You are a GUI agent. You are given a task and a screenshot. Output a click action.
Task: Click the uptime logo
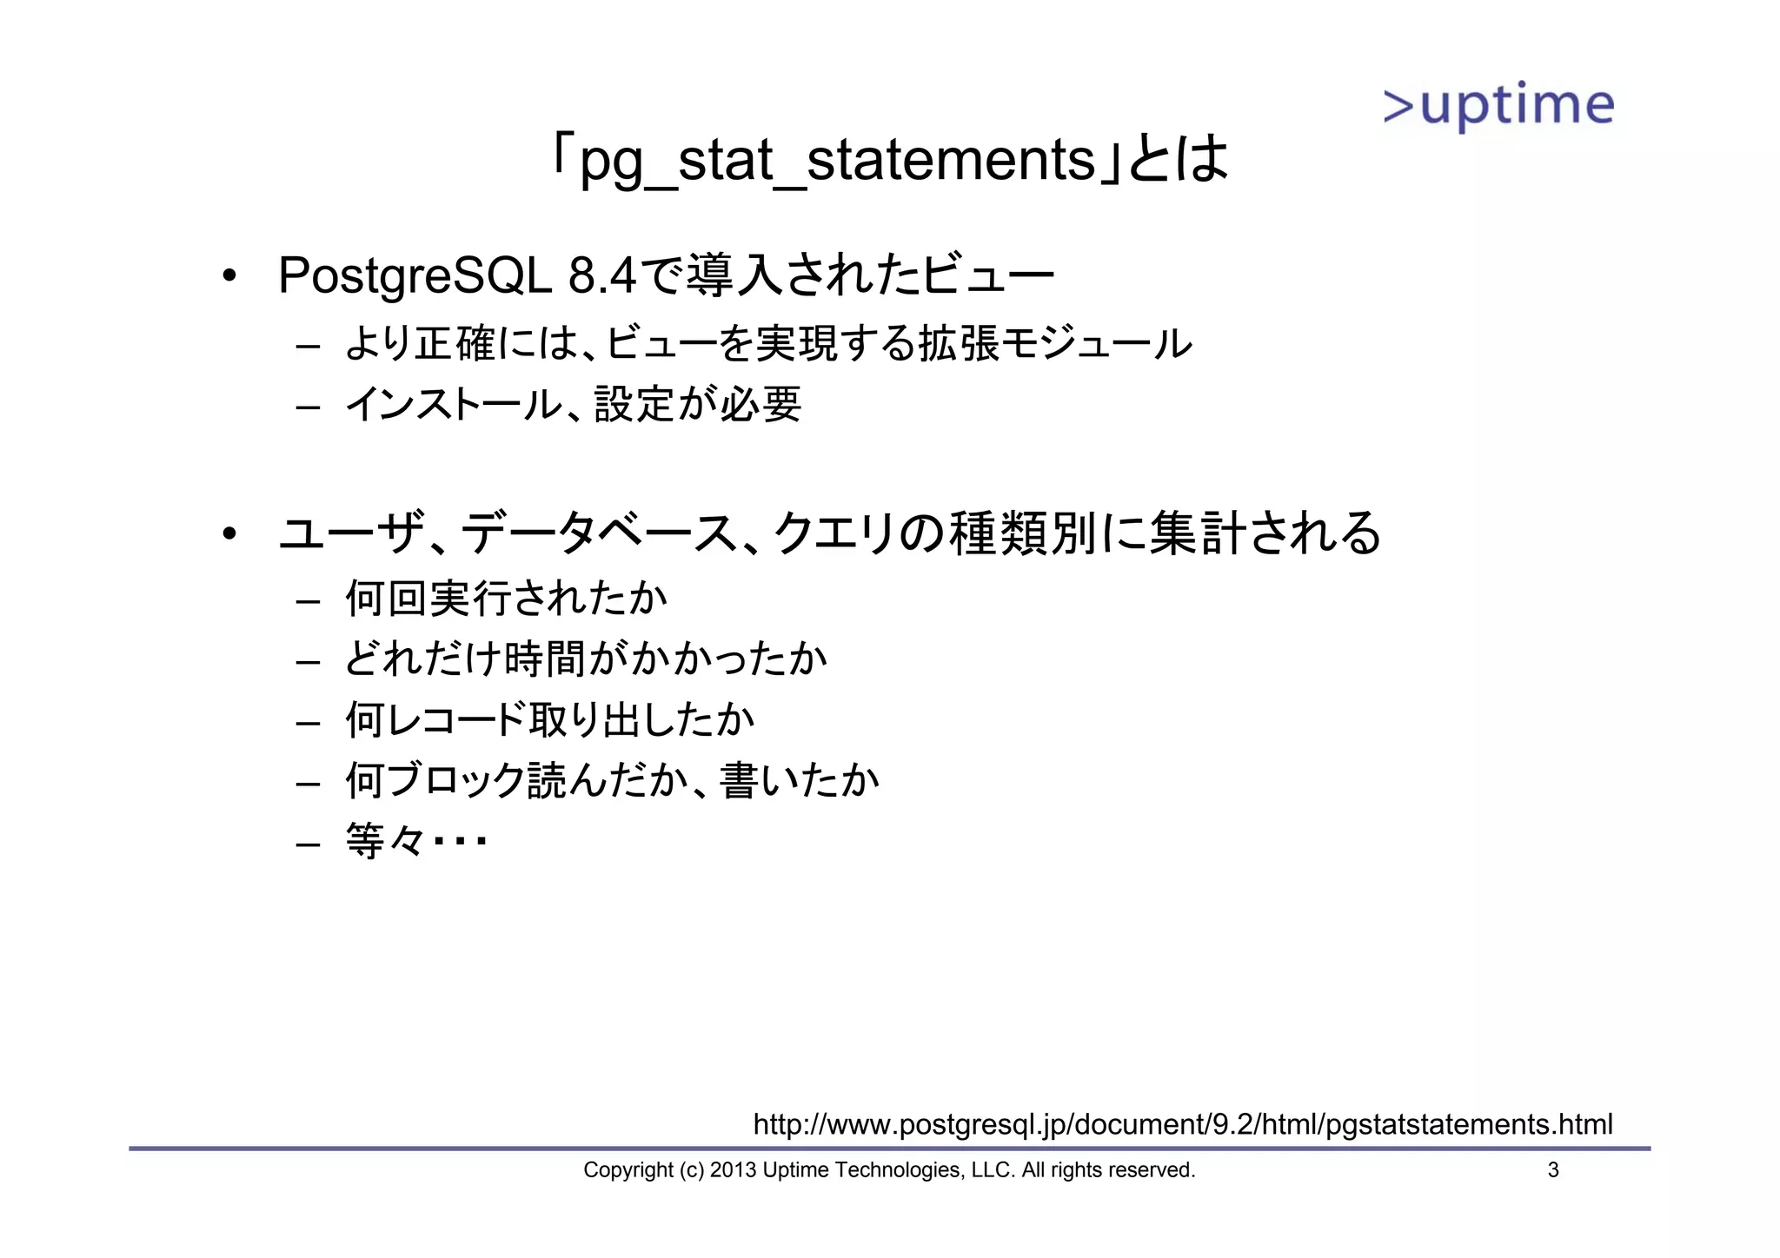[x=1498, y=107]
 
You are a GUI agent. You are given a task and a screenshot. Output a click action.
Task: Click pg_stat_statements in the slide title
[x=837, y=161]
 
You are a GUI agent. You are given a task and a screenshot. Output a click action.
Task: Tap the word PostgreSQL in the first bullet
[x=415, y=276]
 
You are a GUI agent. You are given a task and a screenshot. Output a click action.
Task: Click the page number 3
[x=1553, y=1170]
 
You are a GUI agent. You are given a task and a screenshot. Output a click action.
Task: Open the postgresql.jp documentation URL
[x=1182, y=1124]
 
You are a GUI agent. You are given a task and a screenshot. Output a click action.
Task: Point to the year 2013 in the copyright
[x=733, y=1170]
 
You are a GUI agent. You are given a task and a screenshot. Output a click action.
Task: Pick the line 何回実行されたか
[x=506, y=599]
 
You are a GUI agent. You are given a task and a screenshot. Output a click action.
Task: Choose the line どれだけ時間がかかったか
[x=586, y=659]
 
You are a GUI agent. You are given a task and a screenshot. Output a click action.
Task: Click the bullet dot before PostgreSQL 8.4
[x=229, y=277]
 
